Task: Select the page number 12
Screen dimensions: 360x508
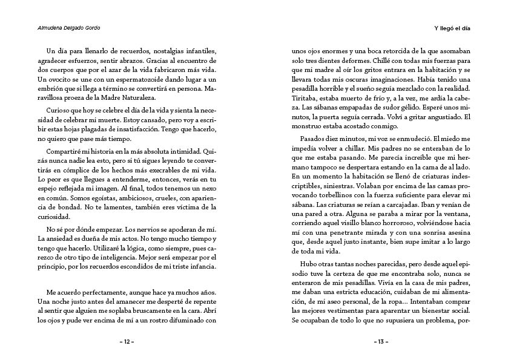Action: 127,341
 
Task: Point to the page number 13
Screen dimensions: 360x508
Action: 381,341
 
